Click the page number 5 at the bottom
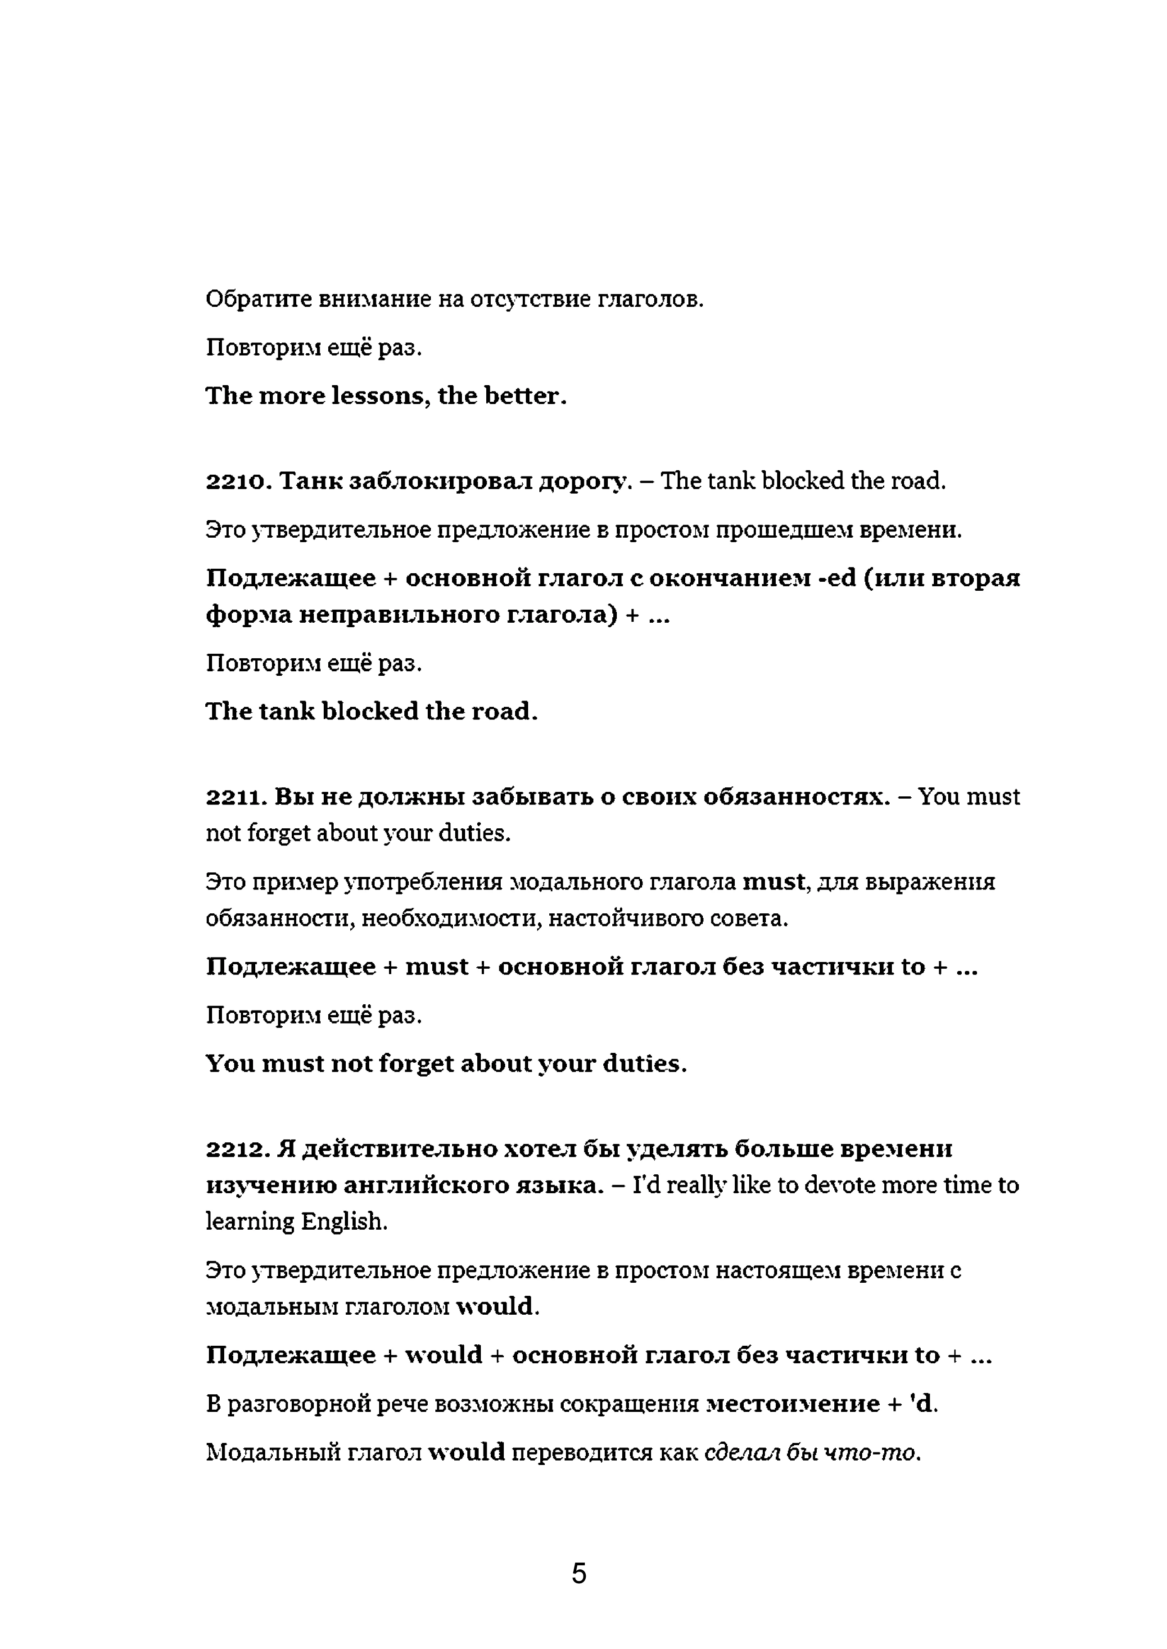[579, 1573]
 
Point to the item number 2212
[237, 1149]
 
